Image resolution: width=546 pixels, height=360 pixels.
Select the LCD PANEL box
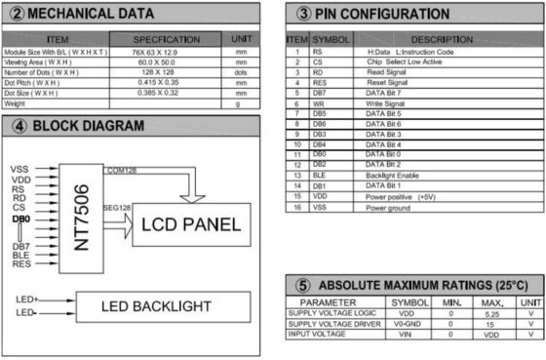(190, 225)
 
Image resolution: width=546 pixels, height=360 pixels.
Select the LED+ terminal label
(26, 298)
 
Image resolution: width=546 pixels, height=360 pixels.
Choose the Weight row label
(15, 101)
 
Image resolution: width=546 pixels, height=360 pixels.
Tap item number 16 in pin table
(294, 208)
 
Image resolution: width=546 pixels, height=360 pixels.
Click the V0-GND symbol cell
(409, 325)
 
